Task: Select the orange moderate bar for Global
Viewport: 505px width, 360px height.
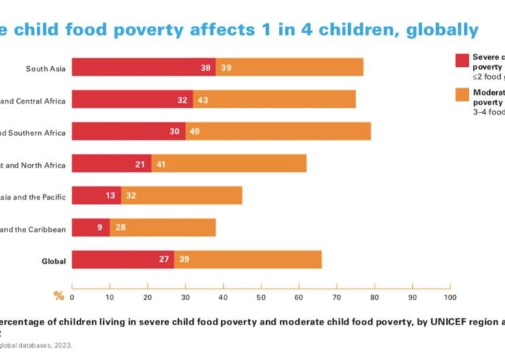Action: point(249,260)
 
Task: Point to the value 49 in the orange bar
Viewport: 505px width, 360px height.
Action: point(194,132)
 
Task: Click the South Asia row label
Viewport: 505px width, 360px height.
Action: point(46,68)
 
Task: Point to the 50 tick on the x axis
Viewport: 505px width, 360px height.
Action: point(261,297)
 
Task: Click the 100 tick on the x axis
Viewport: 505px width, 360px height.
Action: point(449,297)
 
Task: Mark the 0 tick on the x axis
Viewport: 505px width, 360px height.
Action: point(72,297)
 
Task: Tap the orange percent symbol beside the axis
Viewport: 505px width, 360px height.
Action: point(59,296)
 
